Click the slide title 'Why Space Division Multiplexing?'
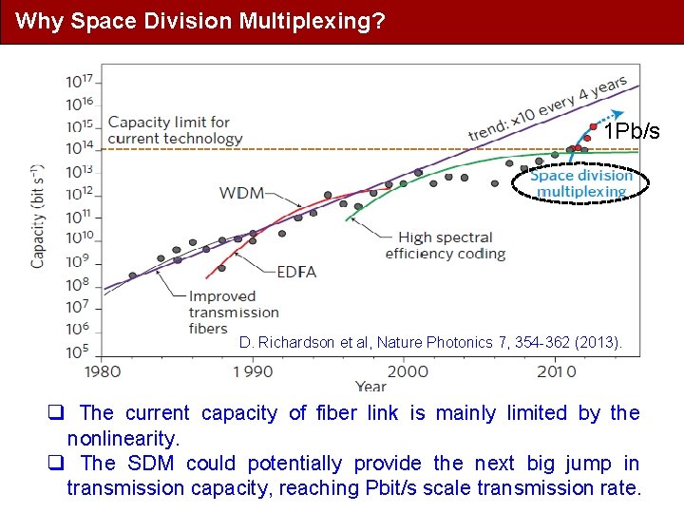click(200, 21)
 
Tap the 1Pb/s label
click(633, 131)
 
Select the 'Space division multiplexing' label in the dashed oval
click(581, 183)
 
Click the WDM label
click(242, 193)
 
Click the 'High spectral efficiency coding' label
click(445, 245)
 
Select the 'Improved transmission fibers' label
click(234, 312)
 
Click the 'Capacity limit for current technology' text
click(175, 130)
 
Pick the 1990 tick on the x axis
click(254, 370)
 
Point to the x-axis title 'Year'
click(370, 387)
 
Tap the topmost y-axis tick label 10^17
click(79, 81)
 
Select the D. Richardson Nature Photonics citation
click(431, 342)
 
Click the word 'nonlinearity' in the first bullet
click(123, 438)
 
